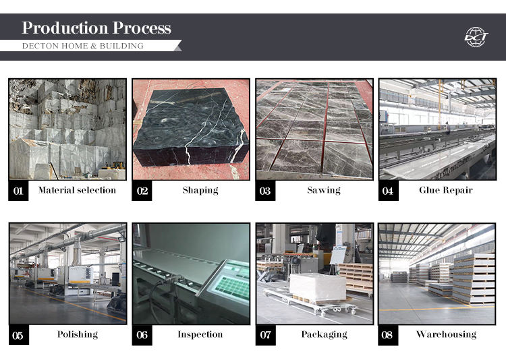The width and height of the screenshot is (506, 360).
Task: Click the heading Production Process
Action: [96, 28]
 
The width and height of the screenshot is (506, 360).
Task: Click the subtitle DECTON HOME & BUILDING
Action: [83, 46]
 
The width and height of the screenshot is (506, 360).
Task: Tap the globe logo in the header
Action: [476, 37]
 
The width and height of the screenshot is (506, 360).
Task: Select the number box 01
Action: [18, 191]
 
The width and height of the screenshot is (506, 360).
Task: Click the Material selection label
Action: [77, 190]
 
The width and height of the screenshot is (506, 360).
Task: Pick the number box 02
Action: [142, 191]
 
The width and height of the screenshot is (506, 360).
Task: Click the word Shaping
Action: [200, 190]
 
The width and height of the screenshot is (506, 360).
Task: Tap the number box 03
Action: [265, 191]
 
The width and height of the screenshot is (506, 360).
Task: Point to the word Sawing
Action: [324, 190]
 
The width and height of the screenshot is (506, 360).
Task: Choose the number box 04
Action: [388, 191]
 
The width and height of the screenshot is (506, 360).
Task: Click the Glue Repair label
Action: [446, 190]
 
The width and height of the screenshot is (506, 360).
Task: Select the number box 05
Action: [18, 335]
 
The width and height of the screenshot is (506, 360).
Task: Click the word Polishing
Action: [78, 334]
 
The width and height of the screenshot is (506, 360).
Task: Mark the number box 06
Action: [142, 335]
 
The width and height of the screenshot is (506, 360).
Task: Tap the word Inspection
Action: [200, 334]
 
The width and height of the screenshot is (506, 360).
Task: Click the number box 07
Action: [265, 335]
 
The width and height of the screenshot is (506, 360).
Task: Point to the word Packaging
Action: [324, 334]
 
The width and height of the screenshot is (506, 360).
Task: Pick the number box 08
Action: [388, 335]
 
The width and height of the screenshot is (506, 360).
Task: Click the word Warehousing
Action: [447, 334]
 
